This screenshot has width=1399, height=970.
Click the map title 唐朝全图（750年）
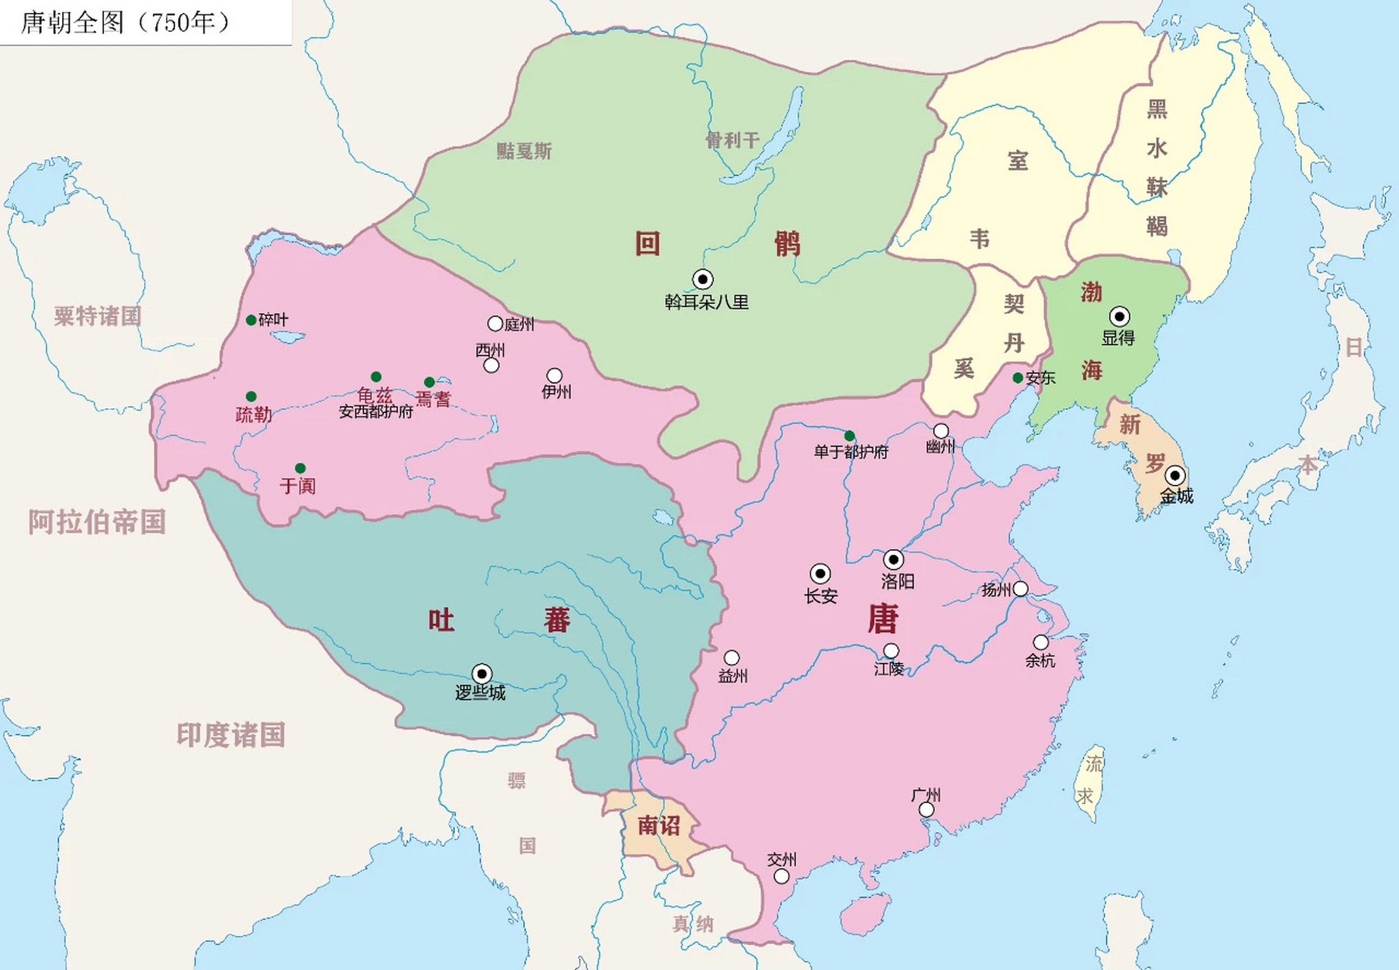click(125, 23)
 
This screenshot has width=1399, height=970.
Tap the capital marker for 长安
click(820, 574)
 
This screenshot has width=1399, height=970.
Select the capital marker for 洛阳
click(893, 560)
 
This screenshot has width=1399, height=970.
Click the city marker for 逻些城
click(481, 674)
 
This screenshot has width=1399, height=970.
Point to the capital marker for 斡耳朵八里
click(703, 280)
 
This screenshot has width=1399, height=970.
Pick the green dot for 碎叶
click(251, 321)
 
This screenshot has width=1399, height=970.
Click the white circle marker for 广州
click(926, 810)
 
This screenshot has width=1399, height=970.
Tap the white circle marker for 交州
click(781, 876)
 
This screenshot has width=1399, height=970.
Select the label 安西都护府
click(376, 412)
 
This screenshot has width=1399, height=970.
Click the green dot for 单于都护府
click(849, 436)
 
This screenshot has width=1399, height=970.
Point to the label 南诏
click(658, 825)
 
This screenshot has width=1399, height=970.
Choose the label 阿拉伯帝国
click(97, 522)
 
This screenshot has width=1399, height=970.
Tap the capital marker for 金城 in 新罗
click(1175, 476)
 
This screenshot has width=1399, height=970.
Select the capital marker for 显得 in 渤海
click(1119, 317)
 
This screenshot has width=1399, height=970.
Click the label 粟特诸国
click(97, 316)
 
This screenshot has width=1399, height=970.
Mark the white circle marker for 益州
click(732, 658)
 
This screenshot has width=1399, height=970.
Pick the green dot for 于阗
click(300, 468)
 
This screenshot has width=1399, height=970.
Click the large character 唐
click(883, 619)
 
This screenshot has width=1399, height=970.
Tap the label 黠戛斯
click(524, 151)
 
